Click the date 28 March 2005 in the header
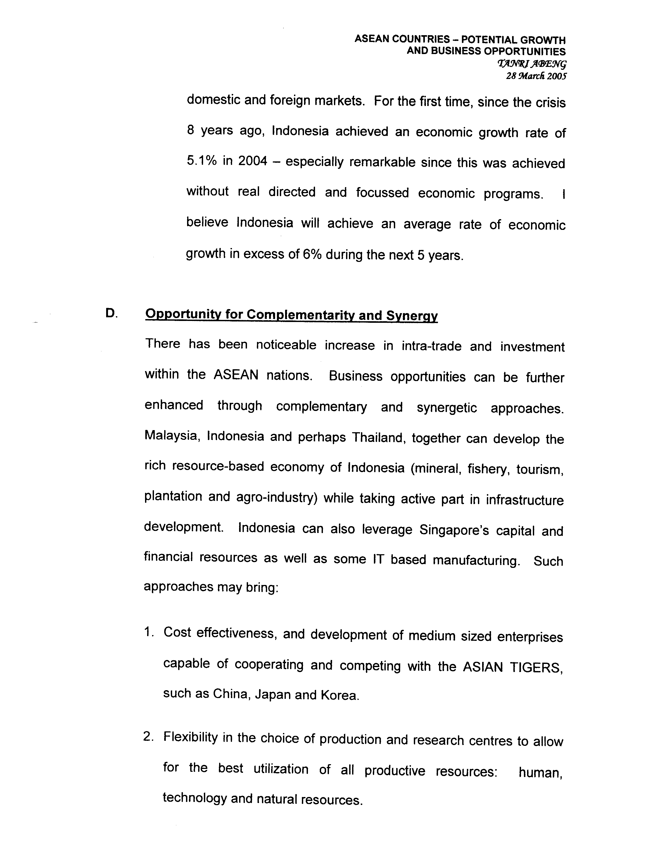[x=536, y=76]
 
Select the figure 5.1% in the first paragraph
[x=202, y=161]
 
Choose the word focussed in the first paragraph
[x=382, y=193]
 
